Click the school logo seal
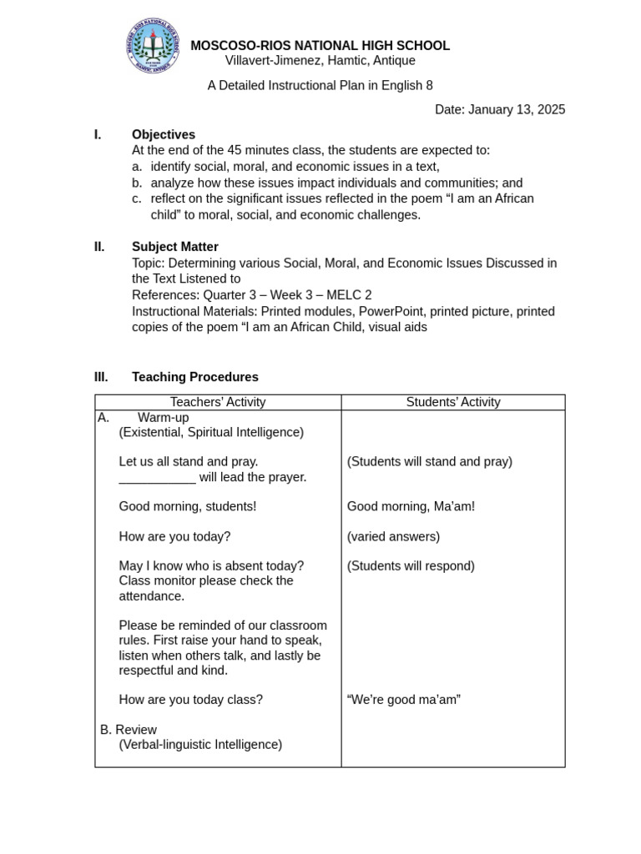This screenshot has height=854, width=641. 153,46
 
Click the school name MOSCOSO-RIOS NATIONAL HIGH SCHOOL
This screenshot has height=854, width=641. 320,46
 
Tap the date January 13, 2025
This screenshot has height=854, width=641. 499,109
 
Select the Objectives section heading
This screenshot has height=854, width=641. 163,134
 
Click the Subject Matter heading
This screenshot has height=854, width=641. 174,247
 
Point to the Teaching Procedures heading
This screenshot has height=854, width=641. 194,377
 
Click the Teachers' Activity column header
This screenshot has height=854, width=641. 218,402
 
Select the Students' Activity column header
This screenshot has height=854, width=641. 453,402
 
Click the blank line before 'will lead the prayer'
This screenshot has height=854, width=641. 157,478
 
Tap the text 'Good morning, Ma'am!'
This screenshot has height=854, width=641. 411,506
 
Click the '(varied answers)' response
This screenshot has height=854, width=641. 393,536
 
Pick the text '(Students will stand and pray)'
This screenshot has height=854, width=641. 429,461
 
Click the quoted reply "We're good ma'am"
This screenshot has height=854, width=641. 403,700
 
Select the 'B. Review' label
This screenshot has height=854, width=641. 128,730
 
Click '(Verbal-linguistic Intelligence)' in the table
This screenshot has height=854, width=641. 200,745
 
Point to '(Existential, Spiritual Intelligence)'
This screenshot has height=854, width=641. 211,432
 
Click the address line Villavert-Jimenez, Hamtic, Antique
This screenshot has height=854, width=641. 320,61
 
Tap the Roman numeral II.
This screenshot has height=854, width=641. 99,247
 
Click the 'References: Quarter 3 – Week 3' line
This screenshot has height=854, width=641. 251,295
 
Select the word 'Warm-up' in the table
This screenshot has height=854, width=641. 163,417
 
